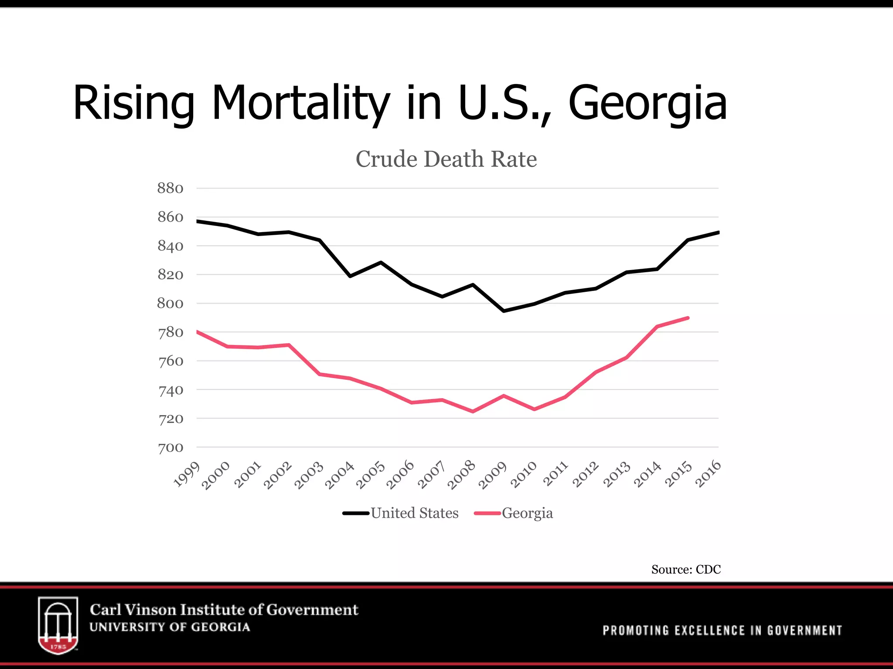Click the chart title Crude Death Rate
(446, 159)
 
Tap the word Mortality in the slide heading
(300, 103)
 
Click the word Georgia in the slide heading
(648, 103)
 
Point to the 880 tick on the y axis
(170, 188)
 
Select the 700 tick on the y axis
(170, 447)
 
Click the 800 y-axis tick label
(170, 303)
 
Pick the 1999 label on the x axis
(187, 474)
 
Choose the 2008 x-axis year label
(461, 475)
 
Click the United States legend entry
(414, 513)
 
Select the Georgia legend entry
(527, 513)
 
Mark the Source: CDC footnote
(686, 569)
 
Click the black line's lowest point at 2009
(504, 311)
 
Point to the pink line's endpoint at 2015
(688, 318)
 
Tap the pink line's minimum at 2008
(473, 411)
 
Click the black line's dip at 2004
(350, 276)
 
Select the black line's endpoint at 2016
(718, 233)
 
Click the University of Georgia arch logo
(58, 625)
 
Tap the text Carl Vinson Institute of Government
(224, 610)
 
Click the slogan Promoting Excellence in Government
(722, 630)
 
